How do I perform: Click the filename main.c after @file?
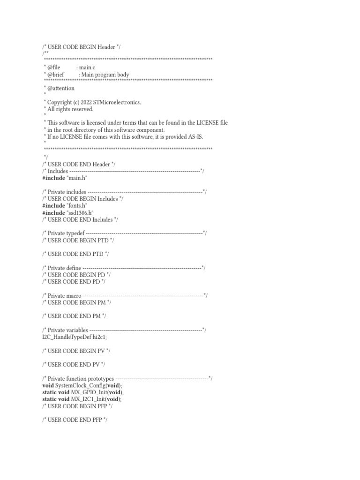click(x=87, y=67)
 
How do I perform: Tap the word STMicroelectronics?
click(x=120, y=102)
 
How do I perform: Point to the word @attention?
click(x=60, y=88)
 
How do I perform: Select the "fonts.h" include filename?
click(x=78, y=205)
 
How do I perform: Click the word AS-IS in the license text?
click(x=195, y=136)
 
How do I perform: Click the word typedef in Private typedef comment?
click(x=76, y=233)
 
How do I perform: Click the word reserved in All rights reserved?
click(x=82, y=109)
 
